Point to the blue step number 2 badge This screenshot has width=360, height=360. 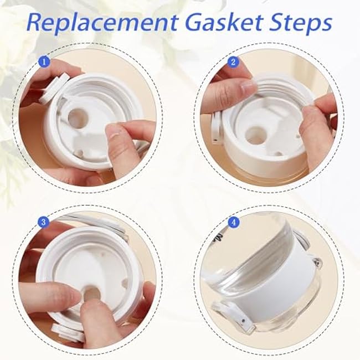233,62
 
